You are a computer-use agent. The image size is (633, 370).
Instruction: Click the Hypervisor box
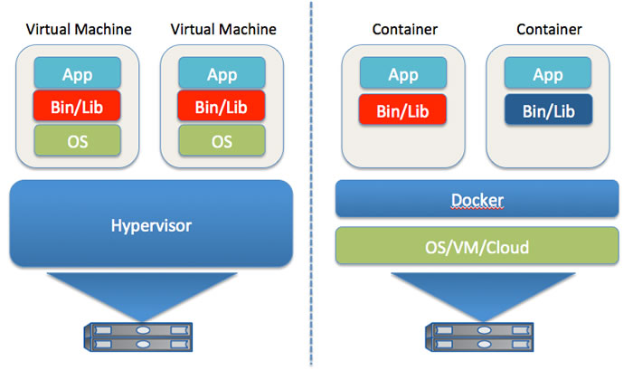151,223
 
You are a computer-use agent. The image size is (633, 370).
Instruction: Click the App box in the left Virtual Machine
78,73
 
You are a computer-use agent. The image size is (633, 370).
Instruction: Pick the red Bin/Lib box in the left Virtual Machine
78,107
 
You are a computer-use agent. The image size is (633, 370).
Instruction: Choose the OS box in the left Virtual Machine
78,140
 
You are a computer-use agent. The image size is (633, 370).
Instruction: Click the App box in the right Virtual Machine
222,73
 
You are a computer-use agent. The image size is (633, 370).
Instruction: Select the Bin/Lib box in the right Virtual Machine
222,107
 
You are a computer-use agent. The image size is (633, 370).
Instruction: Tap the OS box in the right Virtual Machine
222,140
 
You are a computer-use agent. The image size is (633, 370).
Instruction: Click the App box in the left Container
404,73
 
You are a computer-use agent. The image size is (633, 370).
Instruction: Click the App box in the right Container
548,73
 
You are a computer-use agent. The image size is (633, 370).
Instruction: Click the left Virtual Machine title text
79,29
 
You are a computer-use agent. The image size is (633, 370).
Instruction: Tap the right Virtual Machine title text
222,29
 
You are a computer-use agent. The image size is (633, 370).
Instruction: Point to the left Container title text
404,29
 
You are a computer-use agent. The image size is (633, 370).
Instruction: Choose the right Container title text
548,29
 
